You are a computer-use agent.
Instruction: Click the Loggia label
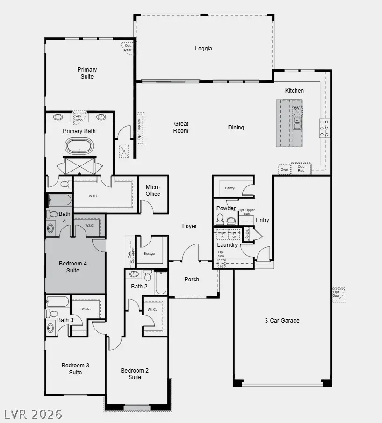pos(203,49)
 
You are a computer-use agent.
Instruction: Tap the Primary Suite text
pos(87,73)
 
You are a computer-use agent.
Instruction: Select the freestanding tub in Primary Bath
pos(79,146)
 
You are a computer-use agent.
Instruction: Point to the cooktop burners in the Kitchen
pos(324,129)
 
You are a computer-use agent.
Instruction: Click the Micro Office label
pos(152,191)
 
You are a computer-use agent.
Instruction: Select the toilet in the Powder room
pos(220,219)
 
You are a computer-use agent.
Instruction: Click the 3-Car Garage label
pos(281,321)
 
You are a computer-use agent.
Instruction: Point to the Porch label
pos(192,280)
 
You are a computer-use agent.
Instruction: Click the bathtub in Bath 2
pos(161,283)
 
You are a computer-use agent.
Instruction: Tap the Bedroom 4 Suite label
pos(72,267)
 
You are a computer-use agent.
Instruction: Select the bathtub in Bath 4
pos(59,201)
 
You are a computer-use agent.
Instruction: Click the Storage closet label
pos(149,254)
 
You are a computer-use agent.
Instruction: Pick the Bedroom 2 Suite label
pos(135,374)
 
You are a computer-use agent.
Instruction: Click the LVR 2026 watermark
pos(33,414)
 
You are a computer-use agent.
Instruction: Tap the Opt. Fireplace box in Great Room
pos(140,129)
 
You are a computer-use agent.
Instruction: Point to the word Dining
pos(236,128)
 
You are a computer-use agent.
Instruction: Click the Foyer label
pos(189,226)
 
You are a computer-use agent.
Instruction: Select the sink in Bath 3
pos(50,329)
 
